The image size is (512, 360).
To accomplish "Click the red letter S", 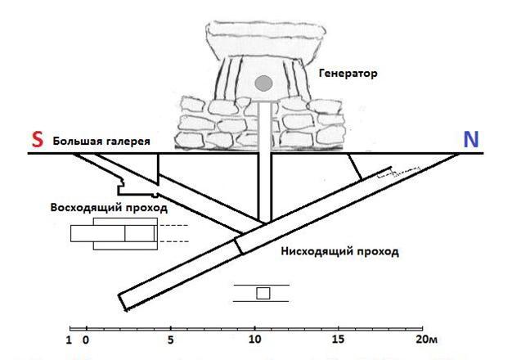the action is click(x=38, y=139).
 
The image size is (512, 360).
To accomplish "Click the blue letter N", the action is click(x=471, y=139).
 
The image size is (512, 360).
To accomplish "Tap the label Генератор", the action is click(x=348, y=73).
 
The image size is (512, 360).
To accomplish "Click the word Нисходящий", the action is click(x=314, y=251).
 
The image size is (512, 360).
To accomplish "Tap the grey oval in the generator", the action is click(x=263, y=83).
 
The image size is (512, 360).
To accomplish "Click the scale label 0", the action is click(x=86, y=340).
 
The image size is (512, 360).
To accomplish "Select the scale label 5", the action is click(x=170, y=340).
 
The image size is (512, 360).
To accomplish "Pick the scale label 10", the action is click(x=255, y=340).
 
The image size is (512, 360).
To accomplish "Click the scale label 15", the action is click(x=338, y=340).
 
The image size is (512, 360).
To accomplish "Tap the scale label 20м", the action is click(x=426, y=340).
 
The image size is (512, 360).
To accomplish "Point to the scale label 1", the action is click(x=69, y=340).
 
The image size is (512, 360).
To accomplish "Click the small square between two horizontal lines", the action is click(x=263, y=293).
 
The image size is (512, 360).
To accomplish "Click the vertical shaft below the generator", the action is click(x=264, y=162).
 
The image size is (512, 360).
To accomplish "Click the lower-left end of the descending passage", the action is click(x=123, y=303).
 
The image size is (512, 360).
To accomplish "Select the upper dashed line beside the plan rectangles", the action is click(x=174, y=225).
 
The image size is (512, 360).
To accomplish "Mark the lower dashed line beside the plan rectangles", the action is click(x=174, y=241).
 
